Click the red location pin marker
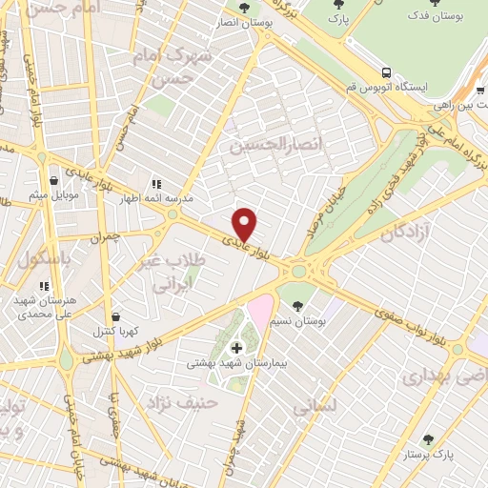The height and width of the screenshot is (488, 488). tap(246, 223)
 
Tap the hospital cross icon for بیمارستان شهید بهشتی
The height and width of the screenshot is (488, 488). tap(236, 348)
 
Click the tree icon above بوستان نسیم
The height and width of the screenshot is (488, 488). tap(298, 306)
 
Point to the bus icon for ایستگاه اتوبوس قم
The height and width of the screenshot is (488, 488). tap(386, 72)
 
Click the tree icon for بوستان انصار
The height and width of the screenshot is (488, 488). tap(245, 8)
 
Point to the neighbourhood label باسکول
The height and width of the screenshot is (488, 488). tap(37, 258)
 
